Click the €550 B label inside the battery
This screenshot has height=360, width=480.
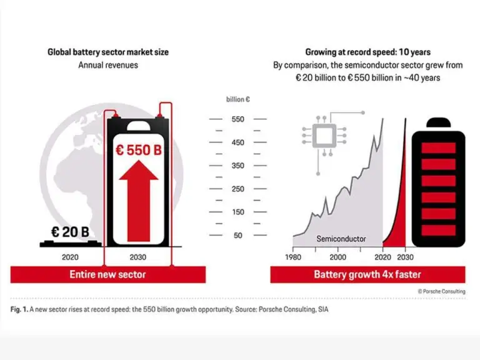(x=139, y=150)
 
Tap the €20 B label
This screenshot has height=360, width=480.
(x=70, y=232)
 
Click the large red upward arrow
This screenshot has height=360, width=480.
(x=139, y=201)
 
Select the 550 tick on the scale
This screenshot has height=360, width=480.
(x=238, y=119)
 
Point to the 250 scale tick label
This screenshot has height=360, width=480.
(x=238, y=189)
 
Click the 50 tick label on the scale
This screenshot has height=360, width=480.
(x=238, y=236)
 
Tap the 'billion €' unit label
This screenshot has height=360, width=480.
(x=238, y=99)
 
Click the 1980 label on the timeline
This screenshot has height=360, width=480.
(x=293, y=257)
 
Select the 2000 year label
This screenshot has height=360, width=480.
(x=338, y=257)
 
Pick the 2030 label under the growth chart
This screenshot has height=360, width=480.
(x=405, y=257)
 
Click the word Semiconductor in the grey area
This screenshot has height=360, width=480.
(x=341, y=239)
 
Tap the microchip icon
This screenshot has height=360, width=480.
(x=324, y=136)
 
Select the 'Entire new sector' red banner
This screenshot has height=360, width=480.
(x=108, y=274)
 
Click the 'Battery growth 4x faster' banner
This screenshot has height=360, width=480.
(x=367, y=274)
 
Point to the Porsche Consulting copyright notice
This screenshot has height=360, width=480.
(x=442, y=291)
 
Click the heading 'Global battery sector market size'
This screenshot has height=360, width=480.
(x=108, y=52)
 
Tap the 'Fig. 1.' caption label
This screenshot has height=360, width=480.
(x=19, y=309)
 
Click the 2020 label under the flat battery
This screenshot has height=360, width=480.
(x=70, y=257)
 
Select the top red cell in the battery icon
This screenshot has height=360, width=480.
(x=439, y=148)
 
